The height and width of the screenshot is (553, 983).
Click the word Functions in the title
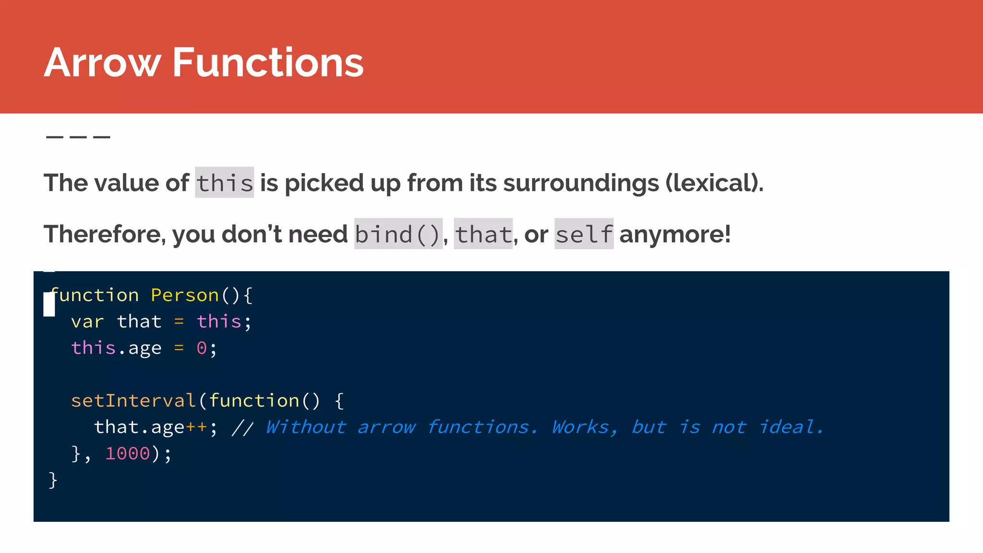pyautogui.click(x=267, y=63)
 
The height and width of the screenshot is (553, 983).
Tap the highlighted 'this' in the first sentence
pyautogui.click(x=224, y=183)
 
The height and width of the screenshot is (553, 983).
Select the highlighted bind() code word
pyautogui.click(x=398, y=234)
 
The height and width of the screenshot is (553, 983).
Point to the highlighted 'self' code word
pyautogui.click(x=584, y=234)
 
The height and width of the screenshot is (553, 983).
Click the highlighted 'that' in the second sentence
pyautogui.click(x=483, y=234)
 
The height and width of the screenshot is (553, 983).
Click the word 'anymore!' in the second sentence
pyautogui.click(x=675, y=234)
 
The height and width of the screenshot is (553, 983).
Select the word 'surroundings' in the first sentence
pyautogui.click(x=581, y=183)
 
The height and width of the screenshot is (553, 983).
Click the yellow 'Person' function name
pyautogui.click(x=185, y=295)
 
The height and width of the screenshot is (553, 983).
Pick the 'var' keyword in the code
pyautogui.click(x=87, y=322)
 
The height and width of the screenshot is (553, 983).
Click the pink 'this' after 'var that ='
pyautogui.click(x=219, y=322)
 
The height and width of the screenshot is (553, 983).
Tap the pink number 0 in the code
pyautogui.click(x=202, y=348)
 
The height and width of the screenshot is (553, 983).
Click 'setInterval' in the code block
pyautogui.click(x=133, y=401)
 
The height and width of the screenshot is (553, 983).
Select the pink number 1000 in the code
pyautogui.click(x=128, y=454)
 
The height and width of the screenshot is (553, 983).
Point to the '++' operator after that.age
pyautogui.click(x=196, y=427)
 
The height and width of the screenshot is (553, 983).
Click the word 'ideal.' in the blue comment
pyautogui.click(x=791, y=427)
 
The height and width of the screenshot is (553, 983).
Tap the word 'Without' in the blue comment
pyautogui.click(x=306, y=427)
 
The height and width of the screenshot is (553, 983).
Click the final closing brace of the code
pyautogui.click(x=53, y=480)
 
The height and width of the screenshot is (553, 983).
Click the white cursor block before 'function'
pyautogui.click(x=49, y=305)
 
